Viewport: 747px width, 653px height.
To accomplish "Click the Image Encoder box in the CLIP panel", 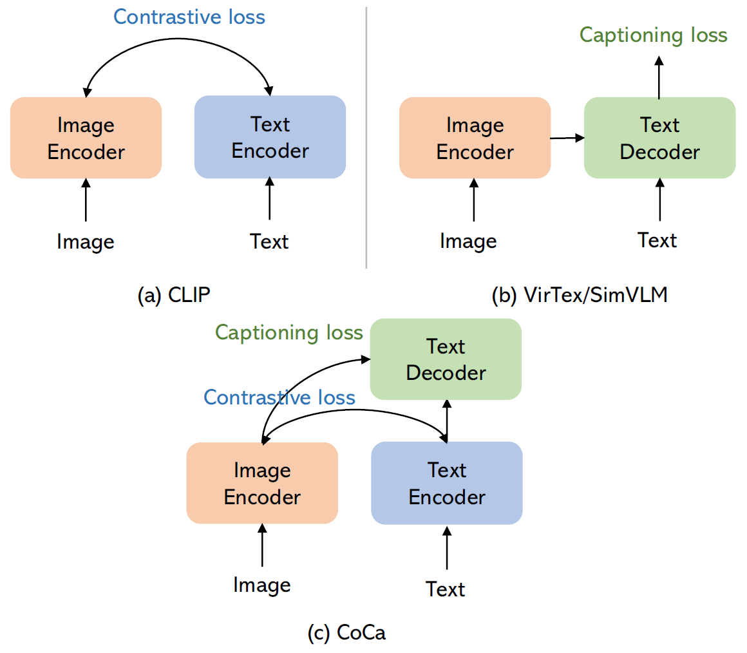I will pyautogui.click(x=86, y=138).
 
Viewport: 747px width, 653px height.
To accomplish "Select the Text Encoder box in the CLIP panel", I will pyautogui.click(x=270, y=137).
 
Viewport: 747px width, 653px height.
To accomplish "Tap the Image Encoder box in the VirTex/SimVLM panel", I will pyautogui.click(x=475, y=138).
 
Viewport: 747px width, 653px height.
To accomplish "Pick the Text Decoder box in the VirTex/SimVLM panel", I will pyautogui.click(x=659, y=138).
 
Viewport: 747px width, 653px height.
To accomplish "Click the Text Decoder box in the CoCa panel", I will pyautogui.click(x=446, y=359).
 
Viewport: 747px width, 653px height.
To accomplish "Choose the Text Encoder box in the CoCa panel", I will pyautogui.click(x=447, y=483).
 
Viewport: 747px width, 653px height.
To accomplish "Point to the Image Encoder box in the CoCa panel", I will pyautogui.click(x=262, y=483).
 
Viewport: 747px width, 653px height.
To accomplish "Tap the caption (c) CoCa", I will pyautogui.click(x=347, y=632).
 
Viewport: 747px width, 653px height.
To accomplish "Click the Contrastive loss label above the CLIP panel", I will pyautogui.click(x=189, y=17).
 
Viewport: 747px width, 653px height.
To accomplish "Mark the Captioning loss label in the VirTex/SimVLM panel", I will pyautogui.click(x=654, y=35).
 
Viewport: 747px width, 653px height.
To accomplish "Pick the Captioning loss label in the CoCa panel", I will pyautogui.click(x=289, y=332).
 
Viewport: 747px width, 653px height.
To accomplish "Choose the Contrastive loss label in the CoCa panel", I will pyautogui.click(x=279, y=397).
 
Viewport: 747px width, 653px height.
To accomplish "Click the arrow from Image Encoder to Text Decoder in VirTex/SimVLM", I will pyautogui.click(x=567, y=138).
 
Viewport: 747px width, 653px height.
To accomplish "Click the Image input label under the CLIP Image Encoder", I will pyautogui.click(x=86, y=241).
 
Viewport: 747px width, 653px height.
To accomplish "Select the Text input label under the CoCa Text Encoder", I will pyautogui.click(x=445, y=589).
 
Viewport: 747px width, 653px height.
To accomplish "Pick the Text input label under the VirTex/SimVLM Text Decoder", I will pyautogui.click(x=657, y=240).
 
